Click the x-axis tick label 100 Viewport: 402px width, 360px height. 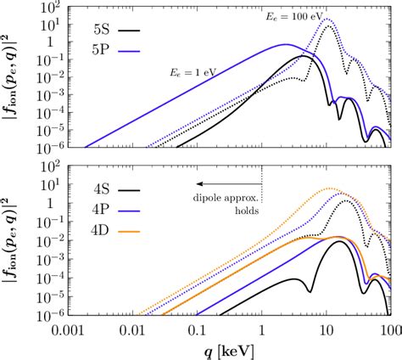[389, 328]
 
